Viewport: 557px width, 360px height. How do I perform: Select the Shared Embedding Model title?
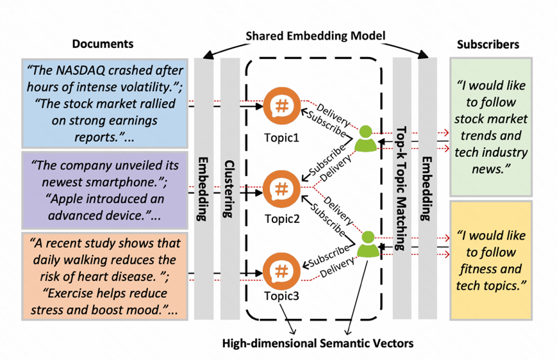pos(316,36)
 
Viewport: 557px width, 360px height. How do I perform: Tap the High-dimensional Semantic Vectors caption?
pos(317,343)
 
